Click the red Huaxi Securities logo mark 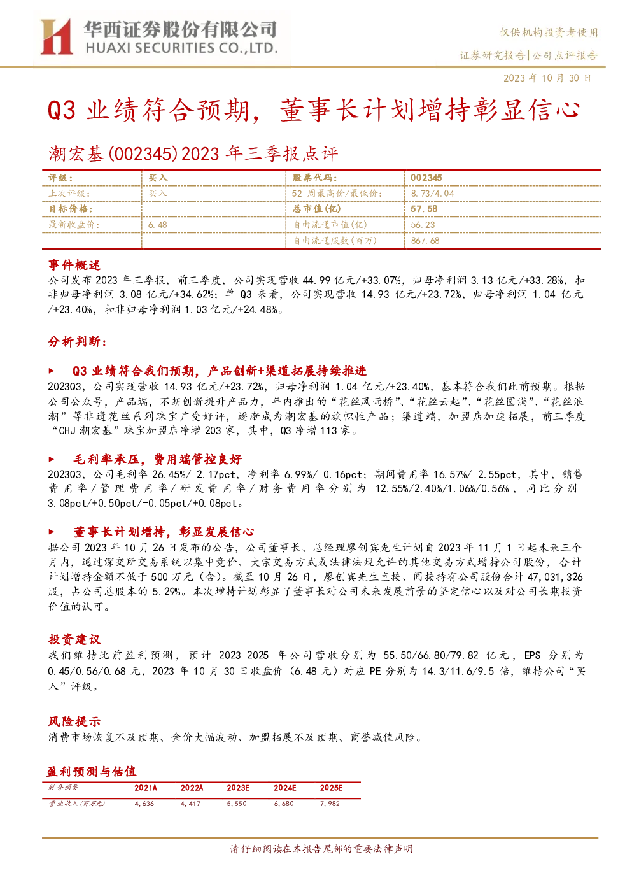(x=57, y=36)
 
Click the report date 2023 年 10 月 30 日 (x=547, y=78)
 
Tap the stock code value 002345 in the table (x=426, y=178)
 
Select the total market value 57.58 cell (x=424, y=209)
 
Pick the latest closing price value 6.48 (x=158, y=225)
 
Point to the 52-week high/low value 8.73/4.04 (x=433, y=194)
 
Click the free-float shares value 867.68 (x=425, y=241)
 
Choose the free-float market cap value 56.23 (x=423, y=225)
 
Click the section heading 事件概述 (x=74, y=265)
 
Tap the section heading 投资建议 (x=74, y=639)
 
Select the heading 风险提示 (x=74, y=721)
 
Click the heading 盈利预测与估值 (x=92, y=772)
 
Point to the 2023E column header (x=238, y=788)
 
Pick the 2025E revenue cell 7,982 (x=330, y=804)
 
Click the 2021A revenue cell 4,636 (x=144, y=804)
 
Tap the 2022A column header (x=192, y=788)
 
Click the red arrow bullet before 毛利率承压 (x=51, y=459)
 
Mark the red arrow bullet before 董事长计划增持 (x=51, y=532)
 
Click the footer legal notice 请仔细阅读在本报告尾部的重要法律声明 (x=321, y=849)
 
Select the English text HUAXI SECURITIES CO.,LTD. (x=181, y=48)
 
